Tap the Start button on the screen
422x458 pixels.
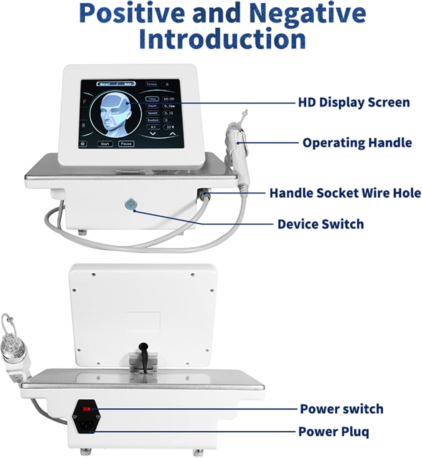tap(105, 144)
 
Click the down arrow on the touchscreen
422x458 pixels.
tap(153, 133)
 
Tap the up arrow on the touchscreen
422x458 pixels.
tap(172, 133)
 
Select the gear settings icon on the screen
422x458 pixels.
tap(83, 144)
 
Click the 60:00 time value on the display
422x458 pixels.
tap(168, 99)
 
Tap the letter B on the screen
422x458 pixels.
tap(84, 125)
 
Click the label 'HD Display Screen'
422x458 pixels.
tap(354, 102)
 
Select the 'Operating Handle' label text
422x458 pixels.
tap(357, 143)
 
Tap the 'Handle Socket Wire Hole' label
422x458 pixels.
tap(345, 193)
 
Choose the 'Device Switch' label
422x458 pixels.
tap(321, 224)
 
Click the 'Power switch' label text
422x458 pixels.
tap(342, 409)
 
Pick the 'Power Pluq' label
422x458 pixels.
tap(334, 431)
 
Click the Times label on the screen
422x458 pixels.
tap(151, 84)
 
